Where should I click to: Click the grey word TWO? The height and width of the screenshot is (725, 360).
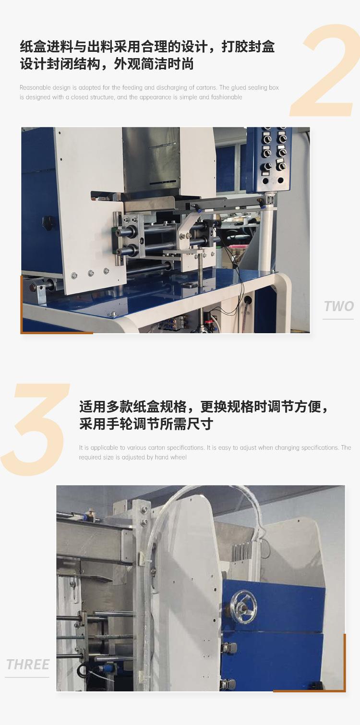pyautogui.click(x=339, y=306)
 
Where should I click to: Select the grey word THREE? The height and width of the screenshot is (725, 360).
pyautogui.click(x=28, y=665)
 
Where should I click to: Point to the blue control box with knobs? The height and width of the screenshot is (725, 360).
pyautogui.click(x=269, y=159)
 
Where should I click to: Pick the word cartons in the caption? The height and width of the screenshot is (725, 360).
pyautogui.click(x=206, y=87)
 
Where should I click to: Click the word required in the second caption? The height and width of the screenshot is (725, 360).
pyautogui.click(x=89, y=458)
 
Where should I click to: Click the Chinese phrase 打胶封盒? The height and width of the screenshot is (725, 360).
pyautogui.click(x=248, y=47)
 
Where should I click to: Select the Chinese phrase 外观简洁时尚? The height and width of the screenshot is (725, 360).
pyautogui.click(x=154, y=64)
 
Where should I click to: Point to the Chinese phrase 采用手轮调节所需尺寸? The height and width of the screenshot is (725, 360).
pyautogui.click(x=146, y=423)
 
